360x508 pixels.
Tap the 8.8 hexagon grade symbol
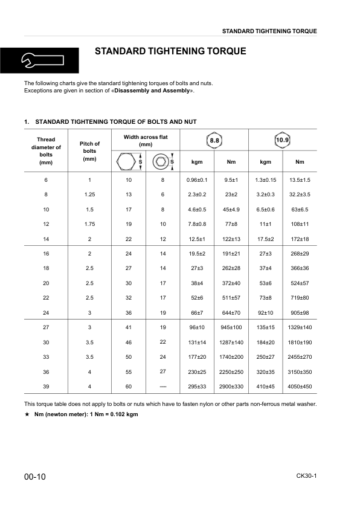[x=214, y=141]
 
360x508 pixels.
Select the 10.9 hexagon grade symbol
[x=282, y=141]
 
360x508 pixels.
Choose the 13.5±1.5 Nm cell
[x=300, y=180]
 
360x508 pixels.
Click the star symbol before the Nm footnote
[x=27, y=415]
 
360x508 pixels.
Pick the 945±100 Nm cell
[x=231, y=327]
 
